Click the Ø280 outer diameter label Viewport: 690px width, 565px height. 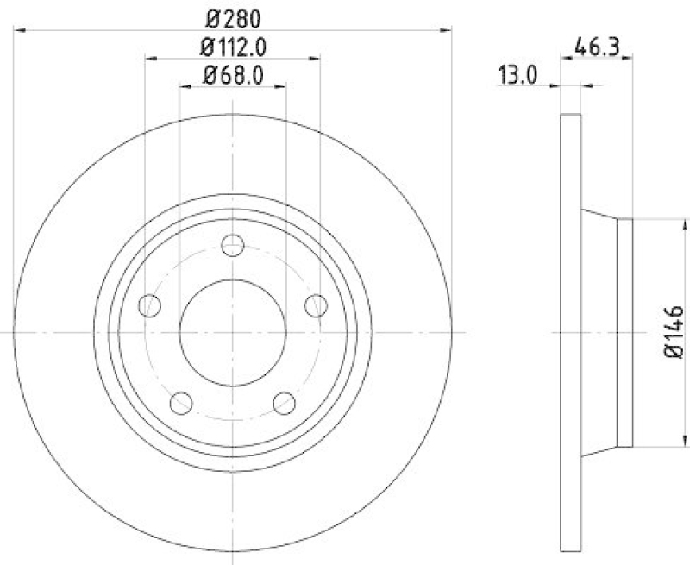click(x=232, y=16)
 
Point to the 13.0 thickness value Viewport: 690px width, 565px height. click(x=517, y=76)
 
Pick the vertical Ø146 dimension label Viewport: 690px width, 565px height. click(x=674, y=332)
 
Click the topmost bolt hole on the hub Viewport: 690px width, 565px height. click(x=233, y=246)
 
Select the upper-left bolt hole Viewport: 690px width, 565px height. click(x=151, y=305)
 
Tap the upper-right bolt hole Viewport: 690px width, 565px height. click(x=316, y=305)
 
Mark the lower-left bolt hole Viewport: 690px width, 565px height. click(x=182, y=402)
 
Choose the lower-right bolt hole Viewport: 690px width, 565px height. click(x=285, y=402)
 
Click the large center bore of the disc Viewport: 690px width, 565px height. click(x=233, y=333)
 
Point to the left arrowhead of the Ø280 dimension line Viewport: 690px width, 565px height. click(x=20, y=30)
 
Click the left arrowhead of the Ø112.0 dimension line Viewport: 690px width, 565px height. click(x=149, y=59)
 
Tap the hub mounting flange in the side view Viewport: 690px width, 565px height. click(x=625, y=332)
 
